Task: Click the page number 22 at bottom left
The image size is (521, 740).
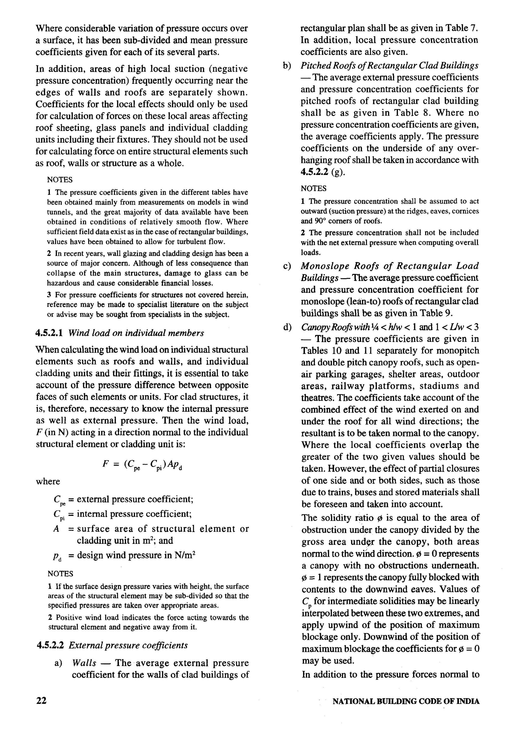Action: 41,700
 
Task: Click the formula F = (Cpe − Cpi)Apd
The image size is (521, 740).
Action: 142,464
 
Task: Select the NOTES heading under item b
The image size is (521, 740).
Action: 313,189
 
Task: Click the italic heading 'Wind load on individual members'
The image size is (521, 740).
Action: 136,333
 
